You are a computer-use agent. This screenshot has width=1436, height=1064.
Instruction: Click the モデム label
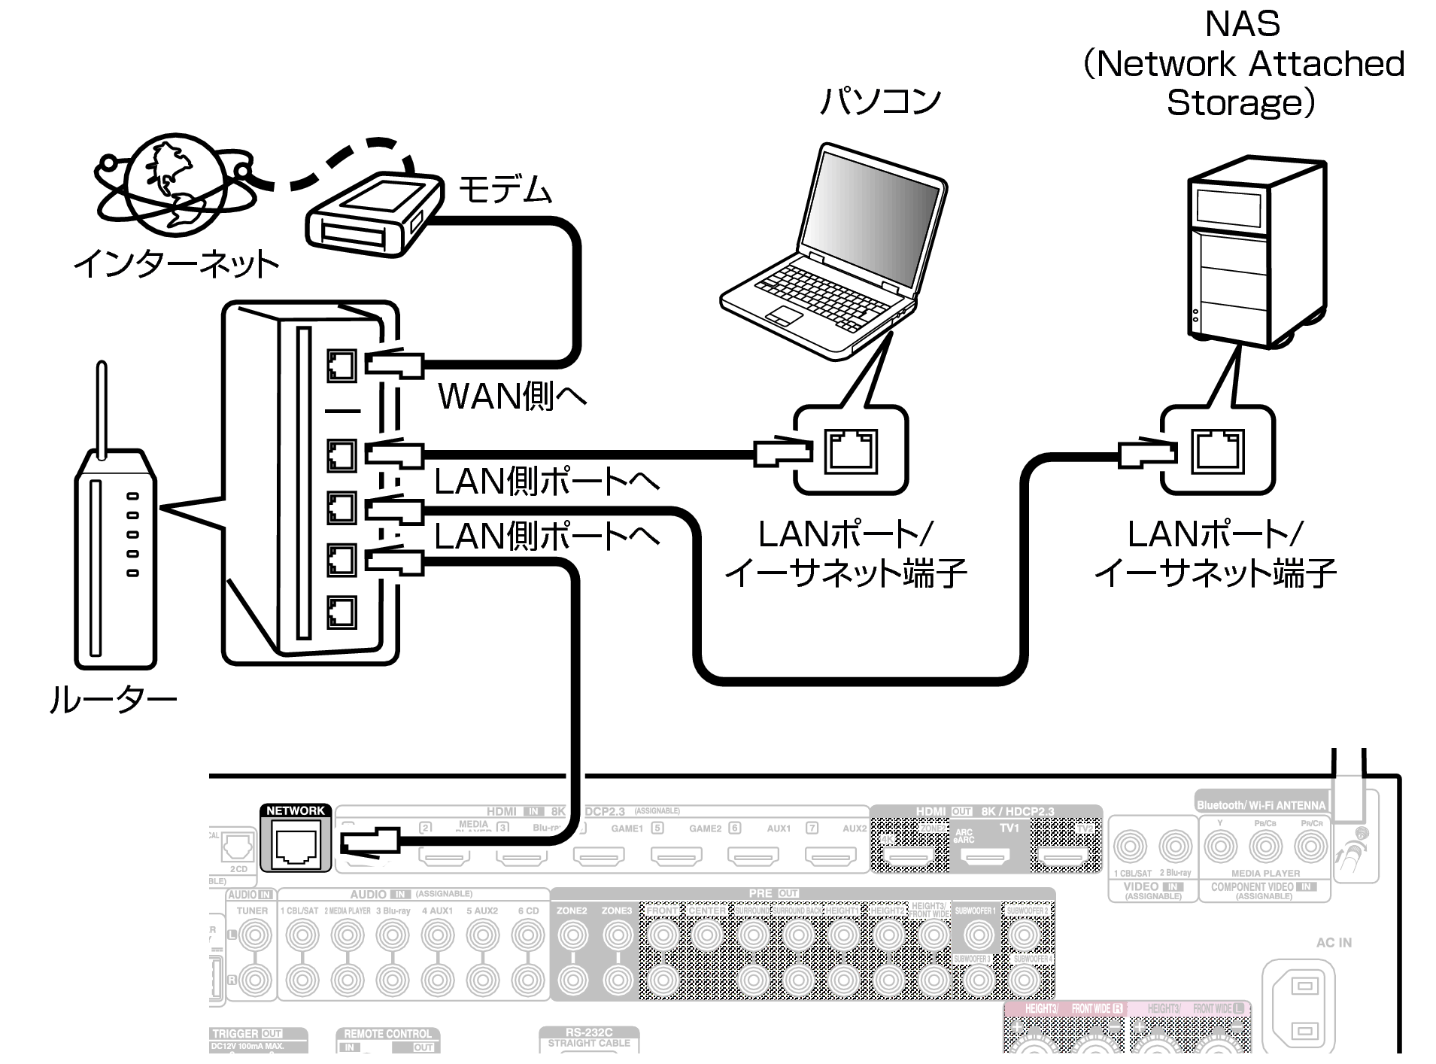(505, 189)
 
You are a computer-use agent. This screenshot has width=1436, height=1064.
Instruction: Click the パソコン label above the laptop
(881, 101)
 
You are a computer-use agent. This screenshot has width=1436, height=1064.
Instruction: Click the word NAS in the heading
(1242, 24)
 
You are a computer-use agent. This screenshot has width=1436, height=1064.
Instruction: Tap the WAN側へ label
(512, 396)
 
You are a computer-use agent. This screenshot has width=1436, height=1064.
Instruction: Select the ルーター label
(113, 699)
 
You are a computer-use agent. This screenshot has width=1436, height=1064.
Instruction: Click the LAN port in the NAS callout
(1217, 451)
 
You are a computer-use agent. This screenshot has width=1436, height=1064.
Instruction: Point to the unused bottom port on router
(342, 612)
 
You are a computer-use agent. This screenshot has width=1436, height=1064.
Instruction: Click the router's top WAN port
(342, 366)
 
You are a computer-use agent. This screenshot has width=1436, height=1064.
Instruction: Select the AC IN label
(1334, 942)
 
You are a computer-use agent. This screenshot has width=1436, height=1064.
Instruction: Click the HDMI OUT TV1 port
(986, 856)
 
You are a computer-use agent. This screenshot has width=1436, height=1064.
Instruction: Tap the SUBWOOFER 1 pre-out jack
(978, 935)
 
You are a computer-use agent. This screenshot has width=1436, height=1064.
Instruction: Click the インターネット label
(175, 263)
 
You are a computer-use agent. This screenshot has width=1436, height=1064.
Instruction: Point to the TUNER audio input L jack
(253, 935)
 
